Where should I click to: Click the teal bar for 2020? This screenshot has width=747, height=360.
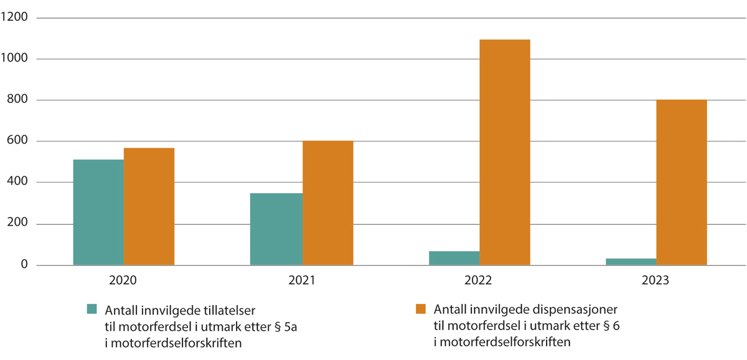coord(98,212)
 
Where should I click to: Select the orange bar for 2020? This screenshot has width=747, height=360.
coord(149,207)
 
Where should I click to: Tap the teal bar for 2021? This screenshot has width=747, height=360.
coord(276,229)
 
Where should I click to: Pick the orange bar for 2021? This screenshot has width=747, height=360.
coord(327,203)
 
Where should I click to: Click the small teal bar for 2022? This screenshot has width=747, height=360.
coord(454,258)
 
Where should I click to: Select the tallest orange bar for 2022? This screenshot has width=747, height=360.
coord(504,153)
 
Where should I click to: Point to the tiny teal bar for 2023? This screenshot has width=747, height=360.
coord(631,262)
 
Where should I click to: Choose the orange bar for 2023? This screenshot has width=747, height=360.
coord(681,182)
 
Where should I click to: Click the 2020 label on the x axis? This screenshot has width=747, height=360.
coord(124,281)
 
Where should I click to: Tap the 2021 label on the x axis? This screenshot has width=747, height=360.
coord(301,281)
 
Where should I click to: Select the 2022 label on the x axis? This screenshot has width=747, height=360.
coord(479,281)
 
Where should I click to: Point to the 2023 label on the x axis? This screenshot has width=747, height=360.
coord(655,281)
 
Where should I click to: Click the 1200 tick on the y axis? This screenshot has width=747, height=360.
coord(15,17)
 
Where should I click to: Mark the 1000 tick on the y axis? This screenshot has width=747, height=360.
coord(15,59)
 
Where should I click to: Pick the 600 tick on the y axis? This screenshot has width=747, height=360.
coord(17,141)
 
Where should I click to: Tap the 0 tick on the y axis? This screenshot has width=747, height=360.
coord(24,266)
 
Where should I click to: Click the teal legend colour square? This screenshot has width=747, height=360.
coord(92,309)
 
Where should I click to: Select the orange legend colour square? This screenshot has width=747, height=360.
coord(421,309)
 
